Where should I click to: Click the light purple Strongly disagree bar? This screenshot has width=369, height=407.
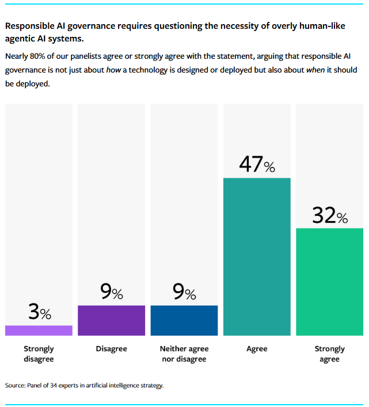coord(39,330)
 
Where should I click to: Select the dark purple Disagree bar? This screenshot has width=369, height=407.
coord(111,320)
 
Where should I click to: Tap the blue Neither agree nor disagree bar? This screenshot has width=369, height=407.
coord(184,320)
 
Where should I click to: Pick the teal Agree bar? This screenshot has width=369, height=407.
coord(257,256)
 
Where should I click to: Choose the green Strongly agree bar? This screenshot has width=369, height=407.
coord(330,282)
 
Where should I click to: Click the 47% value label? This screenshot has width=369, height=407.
coord(257,165)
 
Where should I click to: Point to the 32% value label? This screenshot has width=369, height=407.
coord(330,215)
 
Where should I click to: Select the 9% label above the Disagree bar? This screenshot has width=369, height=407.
coord(111,292)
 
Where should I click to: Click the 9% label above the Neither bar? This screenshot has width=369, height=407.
coord(184,292)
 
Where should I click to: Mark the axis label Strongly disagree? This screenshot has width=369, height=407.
coord(39,353)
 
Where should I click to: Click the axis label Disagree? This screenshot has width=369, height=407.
coord(111,349)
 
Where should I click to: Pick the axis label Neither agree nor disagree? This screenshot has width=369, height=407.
coord(184,353)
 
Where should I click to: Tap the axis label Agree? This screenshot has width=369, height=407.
coord(257,349)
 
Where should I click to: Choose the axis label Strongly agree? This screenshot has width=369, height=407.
coord(330,353)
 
